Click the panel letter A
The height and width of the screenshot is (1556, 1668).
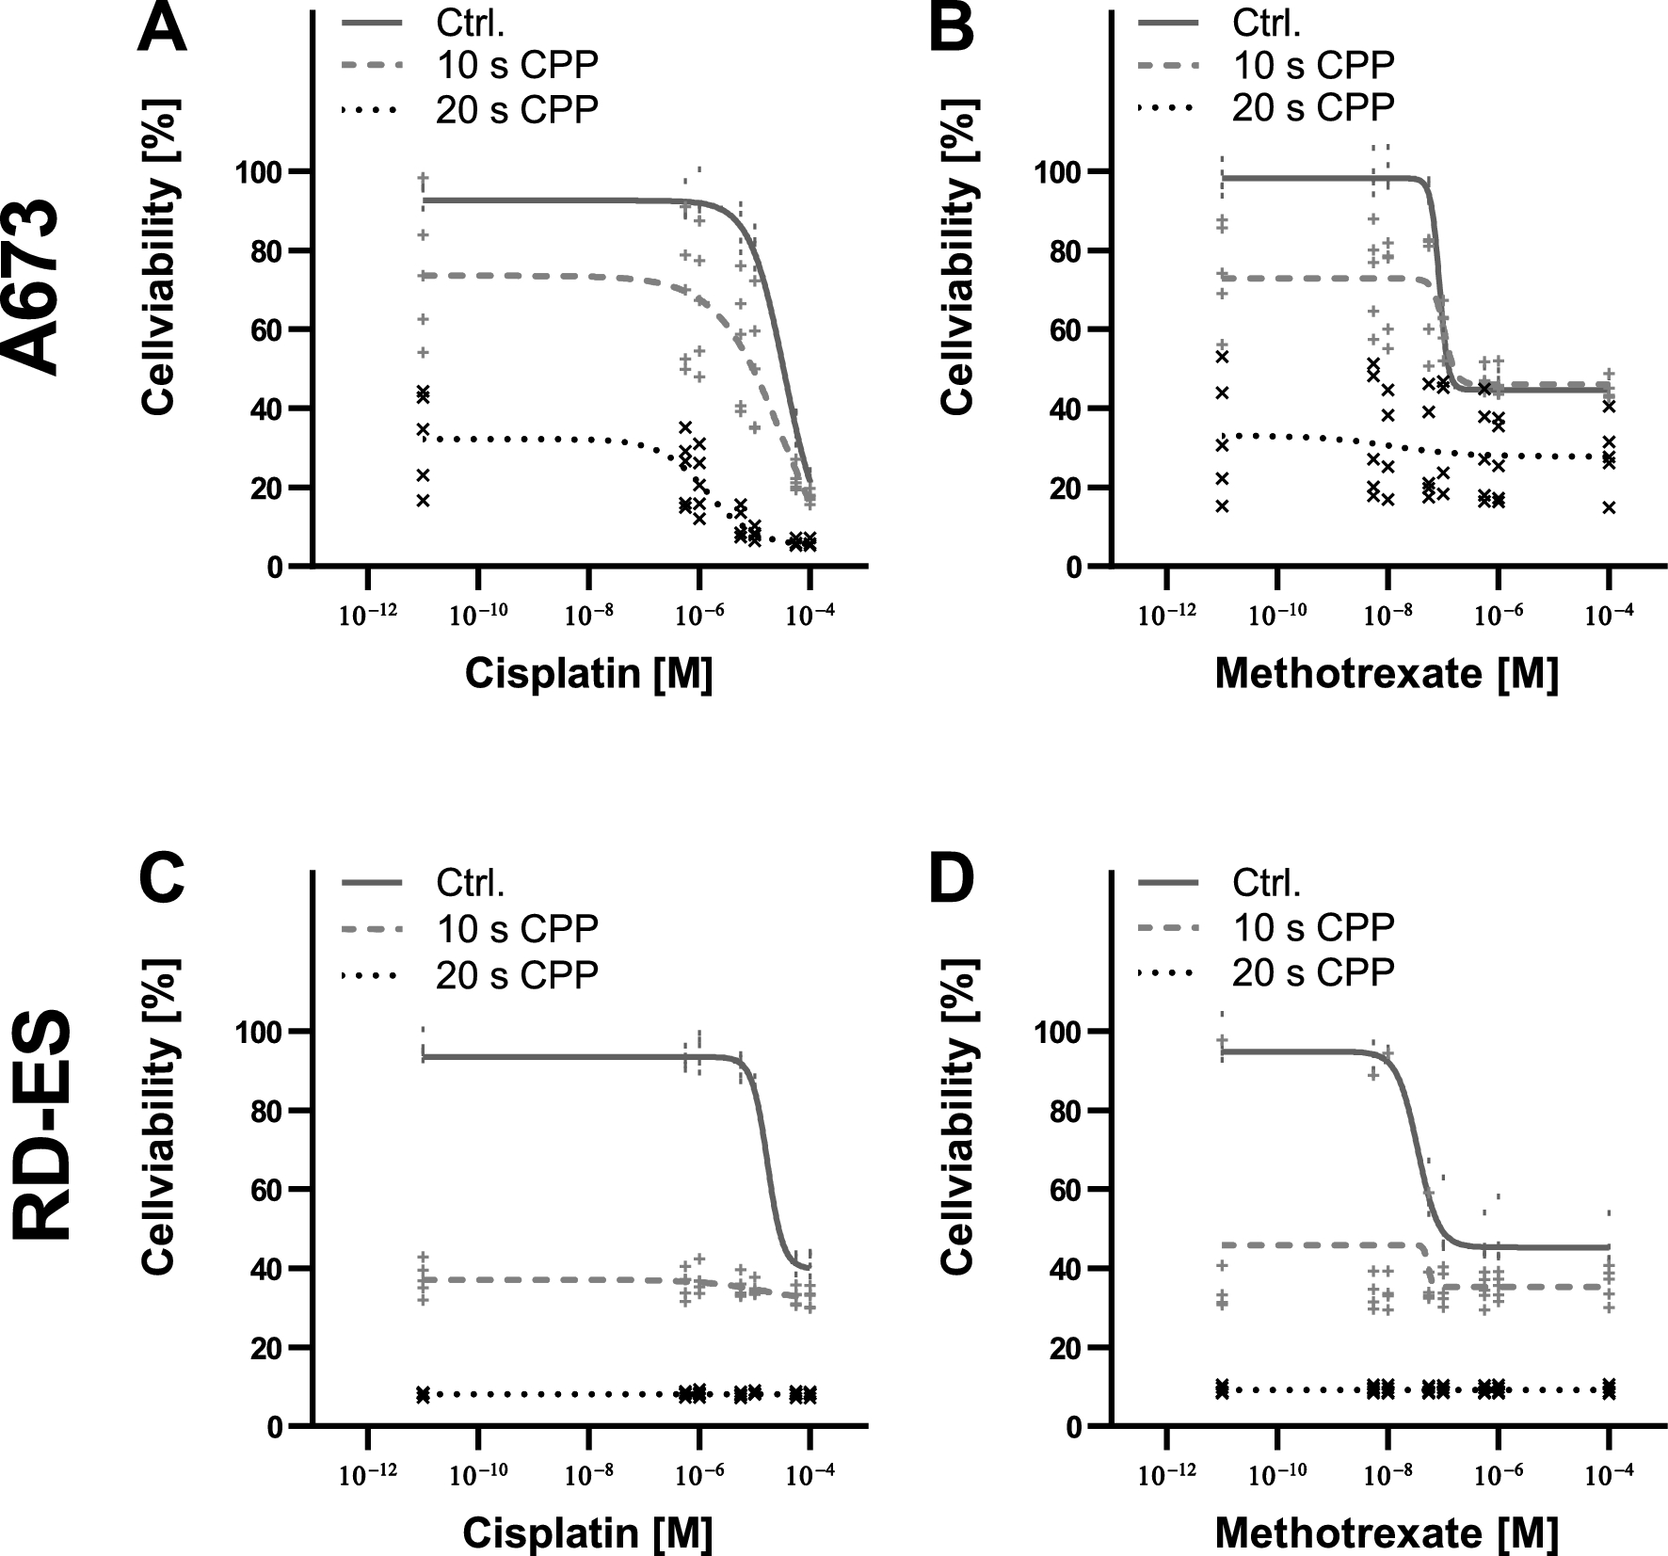[x=161, y=28]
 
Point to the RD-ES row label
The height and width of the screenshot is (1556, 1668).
[x=42, y=1125]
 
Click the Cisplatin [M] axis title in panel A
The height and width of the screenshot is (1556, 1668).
[x=588, y=674]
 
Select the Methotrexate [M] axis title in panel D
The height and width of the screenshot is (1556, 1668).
[x=1386, y=1533]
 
